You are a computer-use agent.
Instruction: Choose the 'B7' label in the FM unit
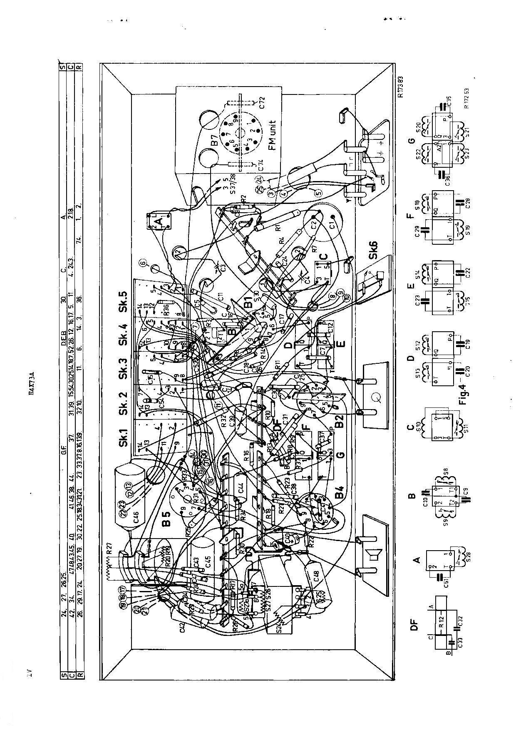pos(214,146)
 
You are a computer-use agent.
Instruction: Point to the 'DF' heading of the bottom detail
pos(413,626)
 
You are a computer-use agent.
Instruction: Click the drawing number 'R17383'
pos(401,87)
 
